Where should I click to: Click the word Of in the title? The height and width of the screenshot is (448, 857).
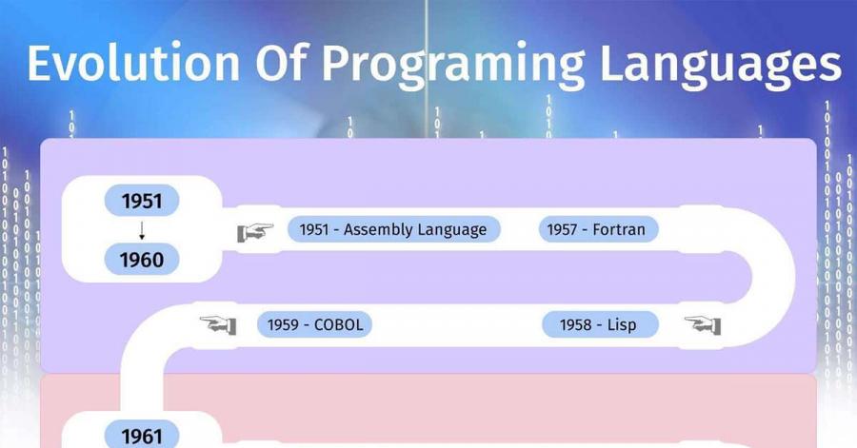point(281,63)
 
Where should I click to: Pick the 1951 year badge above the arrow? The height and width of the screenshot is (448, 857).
point(142,201)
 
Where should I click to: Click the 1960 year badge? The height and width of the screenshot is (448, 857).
point(142,260)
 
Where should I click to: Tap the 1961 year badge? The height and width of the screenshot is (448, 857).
point(142,435)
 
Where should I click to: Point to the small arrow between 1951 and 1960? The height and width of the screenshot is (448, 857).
point(142,230)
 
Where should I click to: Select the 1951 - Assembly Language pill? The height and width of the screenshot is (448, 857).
point(393,229)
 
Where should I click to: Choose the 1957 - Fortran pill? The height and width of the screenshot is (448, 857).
point(598,229)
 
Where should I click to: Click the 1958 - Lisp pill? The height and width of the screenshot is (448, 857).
point(600,324)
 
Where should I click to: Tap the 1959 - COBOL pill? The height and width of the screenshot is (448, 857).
point(314,324)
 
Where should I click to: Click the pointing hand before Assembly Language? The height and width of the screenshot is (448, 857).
point(254,232)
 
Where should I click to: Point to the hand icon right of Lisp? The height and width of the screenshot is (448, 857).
point(703,325)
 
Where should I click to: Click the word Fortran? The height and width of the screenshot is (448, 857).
point(619,229)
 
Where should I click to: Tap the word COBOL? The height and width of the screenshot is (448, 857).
point(338,324)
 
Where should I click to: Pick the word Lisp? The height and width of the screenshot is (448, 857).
point(622,325)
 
